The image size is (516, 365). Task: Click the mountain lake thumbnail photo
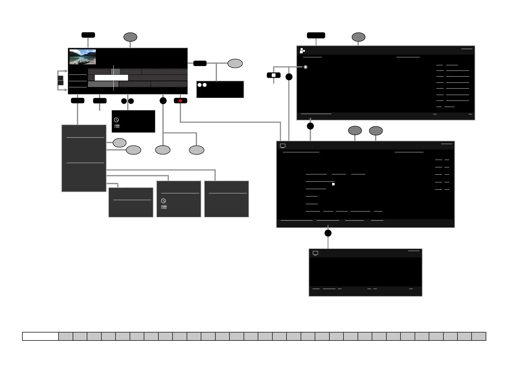[x=82, y=57]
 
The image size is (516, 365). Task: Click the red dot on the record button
[x=180, y=101]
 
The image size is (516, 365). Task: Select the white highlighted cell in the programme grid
[x=111, y=78]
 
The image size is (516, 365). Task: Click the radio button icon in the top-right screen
[x=305, y=67]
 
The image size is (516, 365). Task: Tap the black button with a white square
[x=274, y=75]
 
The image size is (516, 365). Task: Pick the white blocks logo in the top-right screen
[x=302, y=51]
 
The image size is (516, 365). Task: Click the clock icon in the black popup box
[x=116, y=120]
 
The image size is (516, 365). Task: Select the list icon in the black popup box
[x=117, y=126]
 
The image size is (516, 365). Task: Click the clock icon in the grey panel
[x=164, y=201]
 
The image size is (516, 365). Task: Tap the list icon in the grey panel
[x=164, y=207]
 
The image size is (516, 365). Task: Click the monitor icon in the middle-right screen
[x=283, y=146]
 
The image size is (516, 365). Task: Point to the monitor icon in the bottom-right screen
[x=315, y=253]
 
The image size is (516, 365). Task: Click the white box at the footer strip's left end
[x=40, y=336]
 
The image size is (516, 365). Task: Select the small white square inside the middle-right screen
[x=333, y=184]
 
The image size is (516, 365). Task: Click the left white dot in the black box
[x=199, y=85]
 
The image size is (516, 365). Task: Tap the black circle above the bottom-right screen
[x=328, y=233]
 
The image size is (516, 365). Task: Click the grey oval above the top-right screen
[x=358, y=37]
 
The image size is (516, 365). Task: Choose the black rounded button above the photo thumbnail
[x=88, y=35]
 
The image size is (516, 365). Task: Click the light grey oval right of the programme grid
[x=235, y=63]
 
